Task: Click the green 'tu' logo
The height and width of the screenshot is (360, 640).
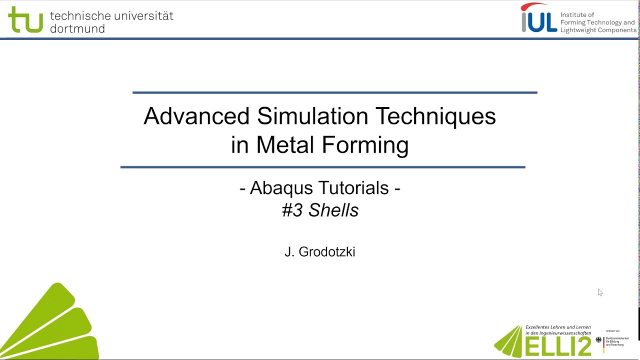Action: coord(25,20)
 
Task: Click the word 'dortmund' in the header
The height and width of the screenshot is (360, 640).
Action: coord(77,29)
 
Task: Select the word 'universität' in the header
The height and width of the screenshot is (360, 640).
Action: coord(145,15)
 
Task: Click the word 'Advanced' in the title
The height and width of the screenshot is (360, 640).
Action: coord(196,116)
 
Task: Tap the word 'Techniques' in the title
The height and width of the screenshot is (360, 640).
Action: coord(435,116)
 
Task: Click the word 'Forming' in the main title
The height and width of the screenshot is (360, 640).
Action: coord(365,145)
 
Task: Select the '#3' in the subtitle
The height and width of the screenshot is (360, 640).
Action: coord(292,210)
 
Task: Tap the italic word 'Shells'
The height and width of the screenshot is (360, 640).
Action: coord(333,210)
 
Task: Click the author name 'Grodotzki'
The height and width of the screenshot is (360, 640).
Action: coord(327,252)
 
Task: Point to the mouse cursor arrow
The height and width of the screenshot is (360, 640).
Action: coord(600,292)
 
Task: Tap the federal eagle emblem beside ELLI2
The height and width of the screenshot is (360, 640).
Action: coord(598,340)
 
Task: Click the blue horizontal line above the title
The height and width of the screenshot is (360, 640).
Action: coord(335,92)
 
